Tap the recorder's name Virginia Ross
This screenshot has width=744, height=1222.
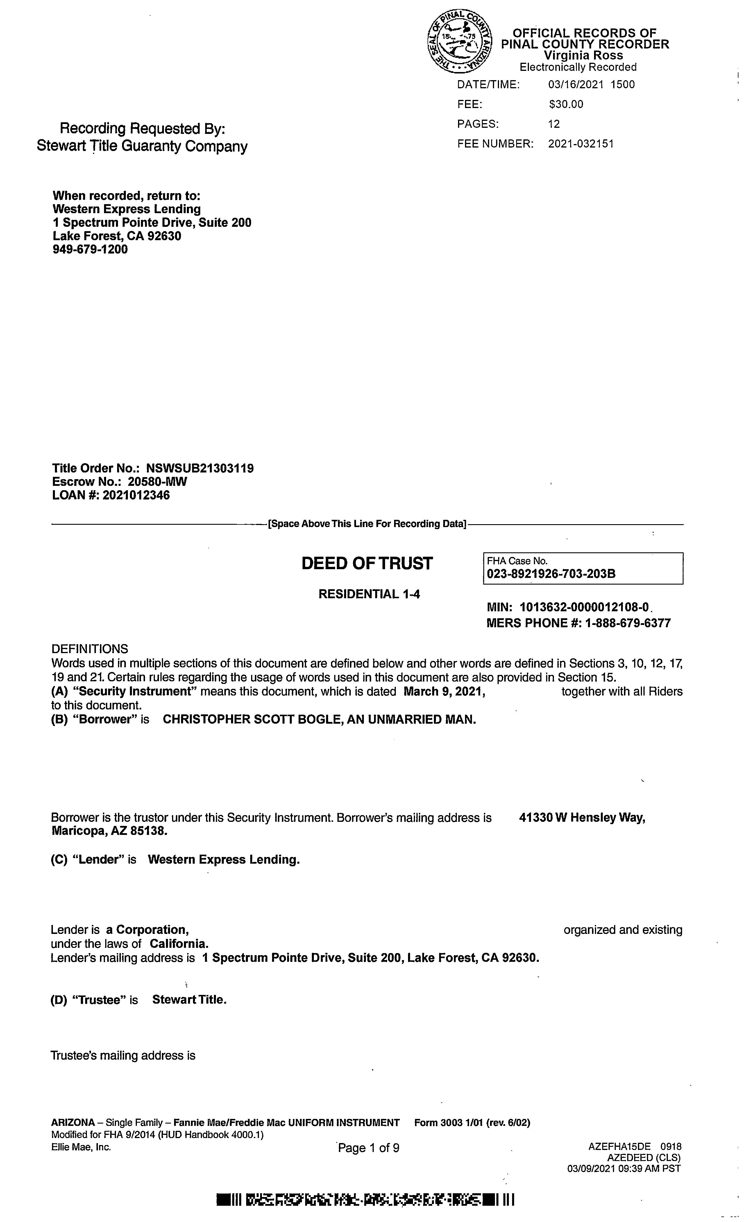[x=583, y=55]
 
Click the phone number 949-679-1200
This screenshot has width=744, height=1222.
[x=90, y=249]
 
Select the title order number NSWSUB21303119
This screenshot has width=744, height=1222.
[x=200, y=468]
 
